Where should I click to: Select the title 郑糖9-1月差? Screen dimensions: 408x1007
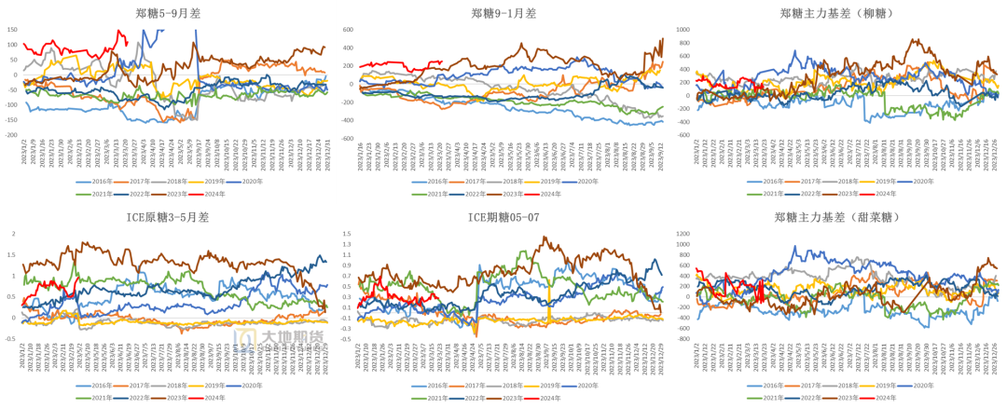[x=504, y=13]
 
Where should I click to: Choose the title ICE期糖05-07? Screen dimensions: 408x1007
[x=504, y=218]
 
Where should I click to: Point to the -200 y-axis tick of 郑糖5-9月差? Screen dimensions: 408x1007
[x=10, y=135]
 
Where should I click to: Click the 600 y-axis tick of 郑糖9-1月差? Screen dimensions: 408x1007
[x=346, y=30]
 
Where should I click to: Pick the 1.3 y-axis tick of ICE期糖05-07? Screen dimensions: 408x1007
[x=348, y=245]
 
